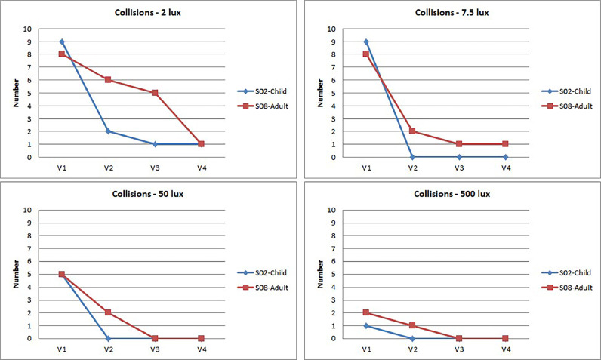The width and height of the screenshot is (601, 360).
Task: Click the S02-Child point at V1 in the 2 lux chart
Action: [x=62, y=42]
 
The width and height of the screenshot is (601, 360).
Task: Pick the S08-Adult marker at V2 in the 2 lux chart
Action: [x=108, y=80]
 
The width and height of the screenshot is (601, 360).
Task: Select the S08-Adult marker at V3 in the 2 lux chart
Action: [x=155, y=93]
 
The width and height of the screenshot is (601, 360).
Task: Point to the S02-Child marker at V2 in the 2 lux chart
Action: [x=108, y=131]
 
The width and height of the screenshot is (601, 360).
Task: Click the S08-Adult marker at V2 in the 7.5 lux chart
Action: [x=412, y=131]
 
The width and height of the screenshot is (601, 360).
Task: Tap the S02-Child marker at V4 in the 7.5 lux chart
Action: [x=505, y=157]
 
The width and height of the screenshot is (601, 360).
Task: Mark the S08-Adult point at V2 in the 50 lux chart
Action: [x=108, y=312]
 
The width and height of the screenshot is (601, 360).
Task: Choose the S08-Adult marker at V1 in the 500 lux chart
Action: [x=366, y=312]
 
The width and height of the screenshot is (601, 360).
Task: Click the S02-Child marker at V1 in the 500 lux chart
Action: [x=366, y=325]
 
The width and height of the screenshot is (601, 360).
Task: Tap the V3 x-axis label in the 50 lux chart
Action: [x=155, y=349]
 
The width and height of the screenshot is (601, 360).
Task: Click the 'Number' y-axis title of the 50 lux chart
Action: [x=14, y=274]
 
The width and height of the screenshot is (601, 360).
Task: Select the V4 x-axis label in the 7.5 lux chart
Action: [x=505, y=168]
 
